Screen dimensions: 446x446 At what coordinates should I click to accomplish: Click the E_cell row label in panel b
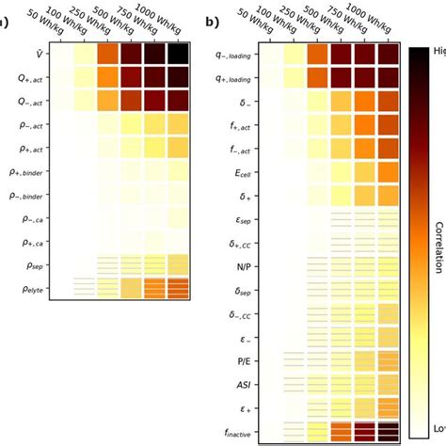[240, 172]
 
